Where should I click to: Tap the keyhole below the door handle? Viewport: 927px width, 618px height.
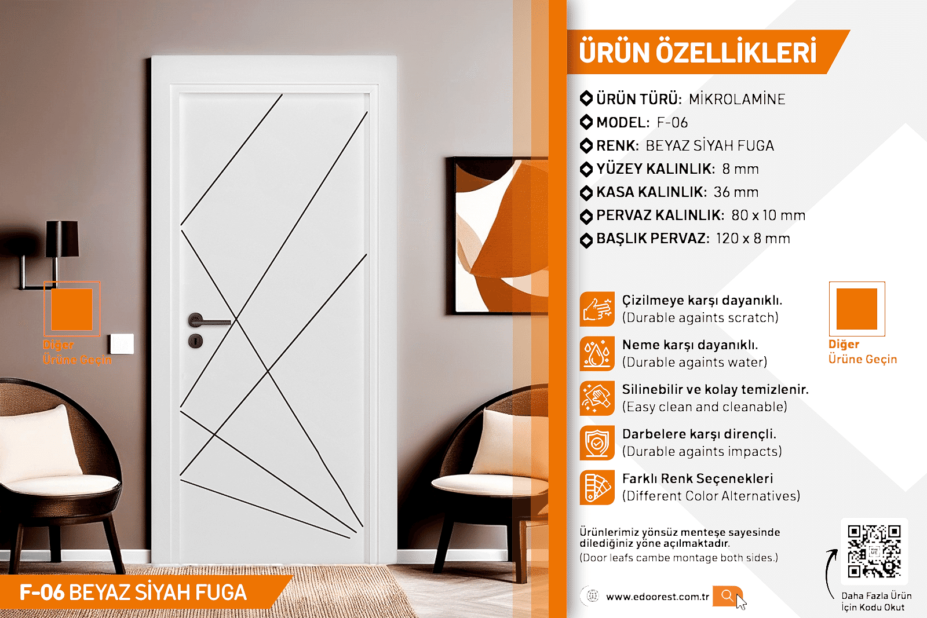(195, 341)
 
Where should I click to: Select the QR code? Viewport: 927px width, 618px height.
(874, 551)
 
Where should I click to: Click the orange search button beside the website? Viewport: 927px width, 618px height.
(727, 595)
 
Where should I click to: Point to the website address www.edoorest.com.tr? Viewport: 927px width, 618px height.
(658, 597)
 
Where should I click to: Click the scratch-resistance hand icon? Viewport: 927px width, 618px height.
(597, 309)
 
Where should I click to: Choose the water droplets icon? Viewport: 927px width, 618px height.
(597, 354)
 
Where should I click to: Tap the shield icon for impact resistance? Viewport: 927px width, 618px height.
(597, 443)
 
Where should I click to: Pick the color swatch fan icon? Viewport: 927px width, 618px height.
(597, 487)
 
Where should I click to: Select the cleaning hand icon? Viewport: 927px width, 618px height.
(597, 398)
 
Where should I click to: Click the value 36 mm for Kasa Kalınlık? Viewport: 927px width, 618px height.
(736, 192)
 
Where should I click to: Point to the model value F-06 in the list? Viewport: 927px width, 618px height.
(673, 122)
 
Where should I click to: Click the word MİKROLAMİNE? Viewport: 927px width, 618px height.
(737, 99)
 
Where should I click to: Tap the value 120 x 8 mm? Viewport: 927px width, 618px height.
(753, 238)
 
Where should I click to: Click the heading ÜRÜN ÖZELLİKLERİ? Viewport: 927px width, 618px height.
(698, 52)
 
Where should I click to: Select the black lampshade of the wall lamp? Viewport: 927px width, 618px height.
(62, 239)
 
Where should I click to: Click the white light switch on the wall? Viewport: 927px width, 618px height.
(122, 343)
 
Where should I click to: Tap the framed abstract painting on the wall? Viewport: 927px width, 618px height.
(497, 235)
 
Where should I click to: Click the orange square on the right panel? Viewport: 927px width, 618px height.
(857, 309)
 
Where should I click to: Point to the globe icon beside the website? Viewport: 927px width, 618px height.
(593, 596)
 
